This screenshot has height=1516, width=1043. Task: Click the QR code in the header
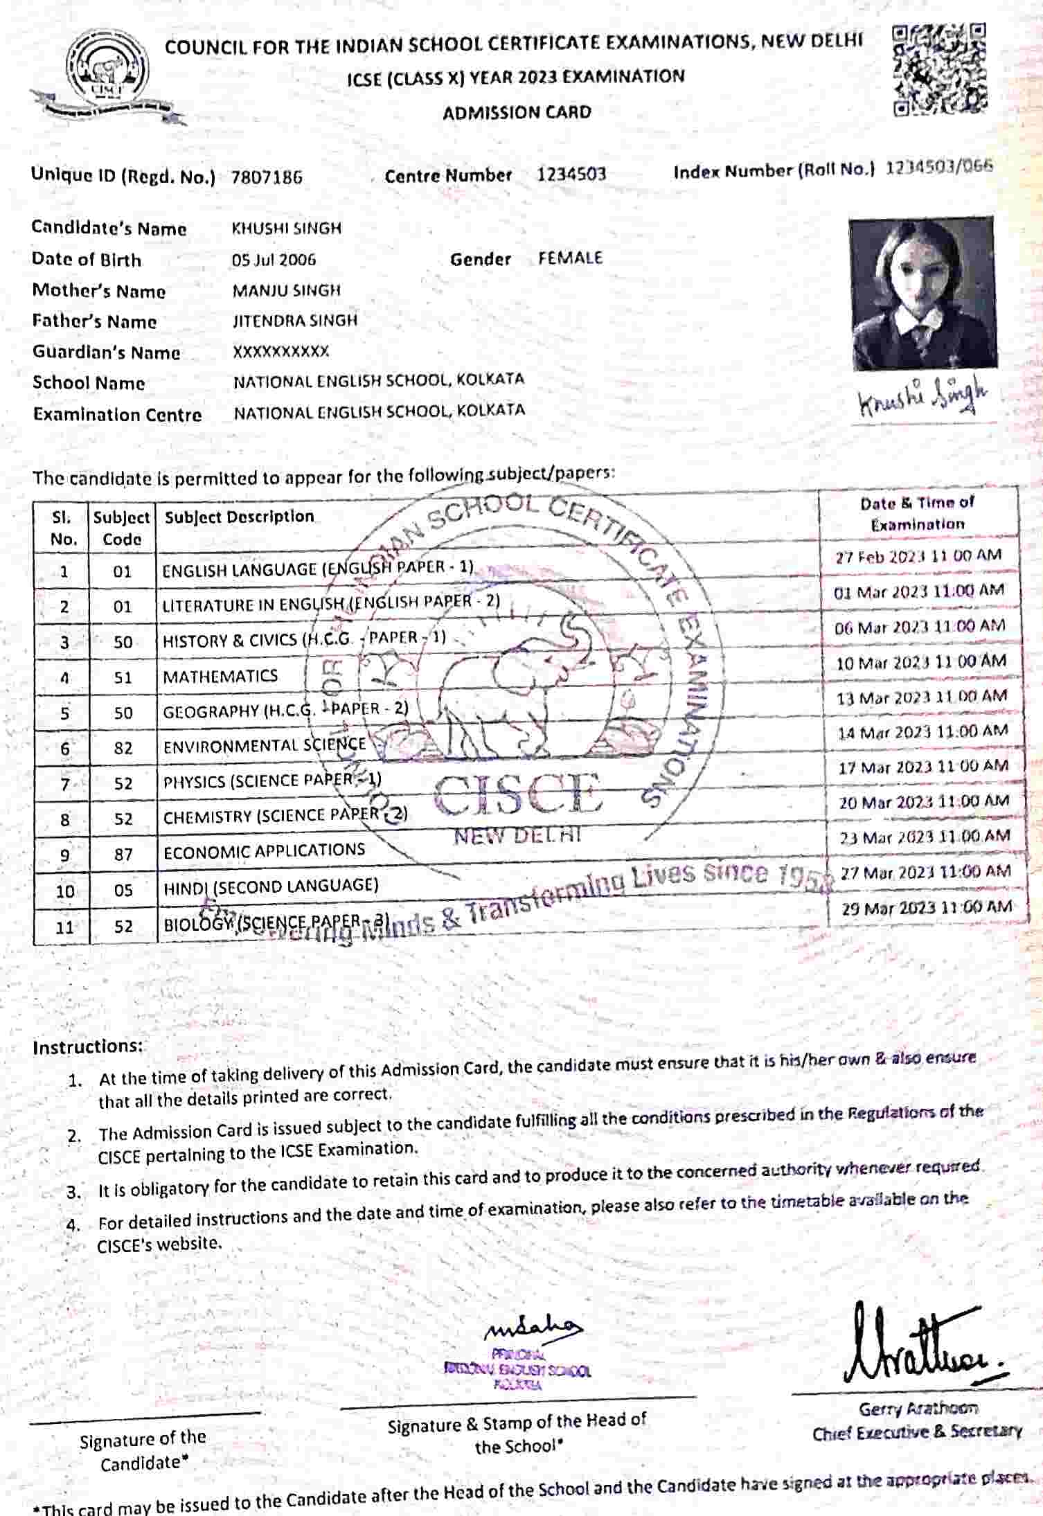(939, 69)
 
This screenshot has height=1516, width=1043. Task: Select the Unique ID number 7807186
(267, 177)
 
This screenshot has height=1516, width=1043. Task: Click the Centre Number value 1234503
(571, 175)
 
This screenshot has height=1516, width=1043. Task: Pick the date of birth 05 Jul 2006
(274, 260)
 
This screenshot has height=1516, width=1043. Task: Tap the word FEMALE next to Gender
(570, 258)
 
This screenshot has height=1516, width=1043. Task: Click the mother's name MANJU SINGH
(286, 290)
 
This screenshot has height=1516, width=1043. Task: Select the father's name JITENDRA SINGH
(294, 321)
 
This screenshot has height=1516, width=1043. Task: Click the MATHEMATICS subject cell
(220, 676)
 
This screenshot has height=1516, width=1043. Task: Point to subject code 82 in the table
(123, 749)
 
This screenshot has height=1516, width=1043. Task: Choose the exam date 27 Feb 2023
(918, 556)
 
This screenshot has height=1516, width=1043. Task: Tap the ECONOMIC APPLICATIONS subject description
(264, 851)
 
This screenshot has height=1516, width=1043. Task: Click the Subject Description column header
(239, 517)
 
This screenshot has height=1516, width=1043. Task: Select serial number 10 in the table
(64, 891)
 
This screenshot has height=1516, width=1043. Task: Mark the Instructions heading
(87, 1046)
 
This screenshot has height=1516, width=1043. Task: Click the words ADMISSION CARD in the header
(517, 112)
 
